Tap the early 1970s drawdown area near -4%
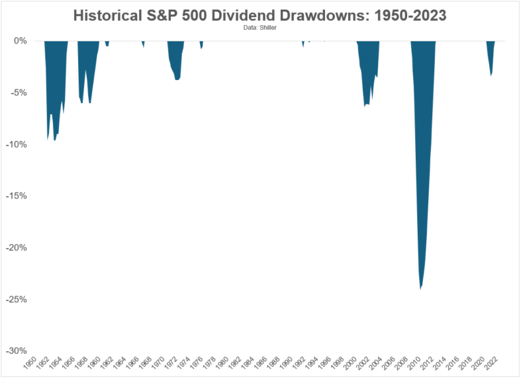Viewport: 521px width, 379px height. pyautogui.click(x=176, y=64)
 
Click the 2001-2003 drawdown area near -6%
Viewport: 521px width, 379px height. pyautogui.click(x=367, y=75)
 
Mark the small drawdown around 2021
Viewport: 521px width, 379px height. pyautogui.click(x=491, y=61)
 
